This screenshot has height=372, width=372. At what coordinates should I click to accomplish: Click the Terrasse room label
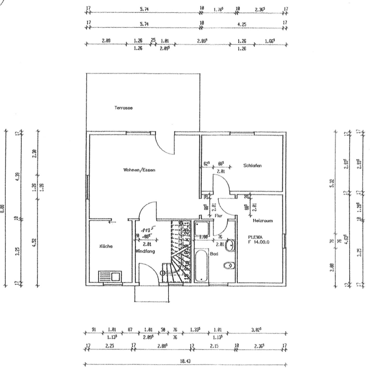click(124, 108)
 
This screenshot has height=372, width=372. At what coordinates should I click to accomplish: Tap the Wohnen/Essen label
click(139, 170)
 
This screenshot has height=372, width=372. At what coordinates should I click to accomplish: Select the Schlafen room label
click(253, 166)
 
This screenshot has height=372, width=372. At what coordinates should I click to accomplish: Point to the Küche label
click(105, 246)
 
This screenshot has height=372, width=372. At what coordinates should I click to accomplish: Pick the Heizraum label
click(262, 220)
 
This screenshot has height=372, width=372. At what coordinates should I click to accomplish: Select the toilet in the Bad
click(229, 265)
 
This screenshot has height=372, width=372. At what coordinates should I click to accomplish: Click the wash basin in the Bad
click(229, 245)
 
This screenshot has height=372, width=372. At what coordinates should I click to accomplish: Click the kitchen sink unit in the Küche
click(110, 277)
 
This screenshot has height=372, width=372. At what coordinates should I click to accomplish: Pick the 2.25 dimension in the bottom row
click(110, 346)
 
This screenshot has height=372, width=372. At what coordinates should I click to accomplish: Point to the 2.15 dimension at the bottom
click(216, 346)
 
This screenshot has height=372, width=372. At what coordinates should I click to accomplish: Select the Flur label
click(218, 216)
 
